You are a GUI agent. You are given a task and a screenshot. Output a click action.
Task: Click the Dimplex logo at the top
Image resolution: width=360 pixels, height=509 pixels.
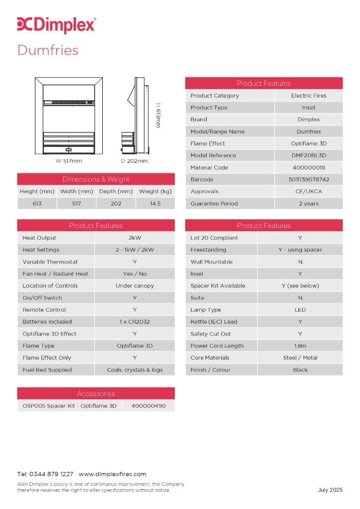tap(56, 25)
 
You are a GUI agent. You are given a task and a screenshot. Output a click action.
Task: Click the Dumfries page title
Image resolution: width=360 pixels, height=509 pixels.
tap(48, 50)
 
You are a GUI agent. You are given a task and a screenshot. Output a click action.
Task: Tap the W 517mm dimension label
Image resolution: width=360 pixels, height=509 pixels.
tap(69, 161)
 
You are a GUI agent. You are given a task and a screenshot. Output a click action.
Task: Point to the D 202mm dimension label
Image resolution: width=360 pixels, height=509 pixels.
tap(134, 161)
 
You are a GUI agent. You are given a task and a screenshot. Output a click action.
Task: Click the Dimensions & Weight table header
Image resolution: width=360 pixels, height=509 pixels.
tap(96, 179)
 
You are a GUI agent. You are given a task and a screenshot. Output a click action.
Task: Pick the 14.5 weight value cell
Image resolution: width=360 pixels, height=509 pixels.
tap(155, 204)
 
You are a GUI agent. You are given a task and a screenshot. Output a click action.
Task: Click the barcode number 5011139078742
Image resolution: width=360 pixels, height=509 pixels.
tap(308, 180)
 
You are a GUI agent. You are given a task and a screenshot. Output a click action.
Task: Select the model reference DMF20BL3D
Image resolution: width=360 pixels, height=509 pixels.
tap(308, 156)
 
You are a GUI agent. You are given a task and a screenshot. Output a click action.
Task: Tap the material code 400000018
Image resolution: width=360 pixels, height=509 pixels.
tap(308, 168)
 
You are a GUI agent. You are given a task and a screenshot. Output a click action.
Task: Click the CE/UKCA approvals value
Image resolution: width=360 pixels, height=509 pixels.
tap(308, 192)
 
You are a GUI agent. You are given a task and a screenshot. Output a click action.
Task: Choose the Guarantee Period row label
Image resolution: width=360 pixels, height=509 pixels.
tap(214, 204)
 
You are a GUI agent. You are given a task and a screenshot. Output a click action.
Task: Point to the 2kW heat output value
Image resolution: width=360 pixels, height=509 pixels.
tap(135, 238)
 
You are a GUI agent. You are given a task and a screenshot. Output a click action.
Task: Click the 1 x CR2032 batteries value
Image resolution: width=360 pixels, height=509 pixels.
tap(135, 322)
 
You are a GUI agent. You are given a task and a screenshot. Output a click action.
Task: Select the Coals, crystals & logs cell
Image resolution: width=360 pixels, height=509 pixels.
tap(135, 370)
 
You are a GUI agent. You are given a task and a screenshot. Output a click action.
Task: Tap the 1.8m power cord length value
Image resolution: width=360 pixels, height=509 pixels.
tap(300, 346)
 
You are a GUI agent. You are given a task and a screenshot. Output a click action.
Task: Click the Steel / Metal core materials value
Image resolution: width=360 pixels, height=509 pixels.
tap(300, 358)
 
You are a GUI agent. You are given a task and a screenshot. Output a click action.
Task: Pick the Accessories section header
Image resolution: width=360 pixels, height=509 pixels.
tap(96, 394)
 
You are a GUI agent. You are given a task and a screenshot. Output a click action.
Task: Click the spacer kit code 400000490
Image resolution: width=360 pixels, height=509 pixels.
tap(149, 406)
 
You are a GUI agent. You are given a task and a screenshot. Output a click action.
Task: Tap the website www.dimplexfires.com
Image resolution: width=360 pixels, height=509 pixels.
tap(112, 474)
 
